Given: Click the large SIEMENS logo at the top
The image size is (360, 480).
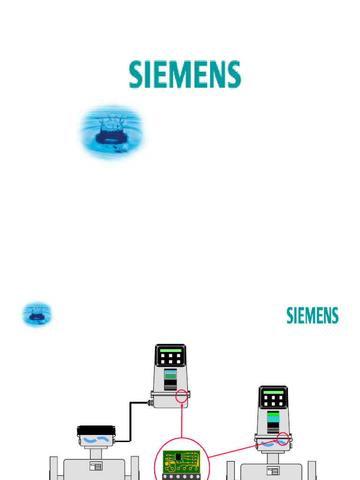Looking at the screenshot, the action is click(185, 75).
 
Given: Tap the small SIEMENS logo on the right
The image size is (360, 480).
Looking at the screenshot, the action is click(312, 315).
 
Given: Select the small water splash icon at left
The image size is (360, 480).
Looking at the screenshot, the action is click(37, 314).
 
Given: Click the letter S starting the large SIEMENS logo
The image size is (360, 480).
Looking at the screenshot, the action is click(136, 75).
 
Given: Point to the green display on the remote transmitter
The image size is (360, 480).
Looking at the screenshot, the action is click(170, 350).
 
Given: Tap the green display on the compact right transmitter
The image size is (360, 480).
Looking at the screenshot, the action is click(273, 392).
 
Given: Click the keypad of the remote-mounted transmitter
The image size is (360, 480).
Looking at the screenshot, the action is click(170, 359).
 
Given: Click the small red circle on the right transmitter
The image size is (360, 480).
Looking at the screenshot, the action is click(283, 439).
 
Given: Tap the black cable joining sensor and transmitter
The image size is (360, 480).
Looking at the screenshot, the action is click(131, 422).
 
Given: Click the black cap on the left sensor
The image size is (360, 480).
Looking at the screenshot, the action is click(96, 430).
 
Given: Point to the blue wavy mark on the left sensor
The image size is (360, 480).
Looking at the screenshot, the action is click(96, 440).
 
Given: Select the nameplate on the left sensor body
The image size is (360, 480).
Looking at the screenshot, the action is click(96, 466).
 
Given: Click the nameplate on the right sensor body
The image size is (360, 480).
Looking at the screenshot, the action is click(272, 471).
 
